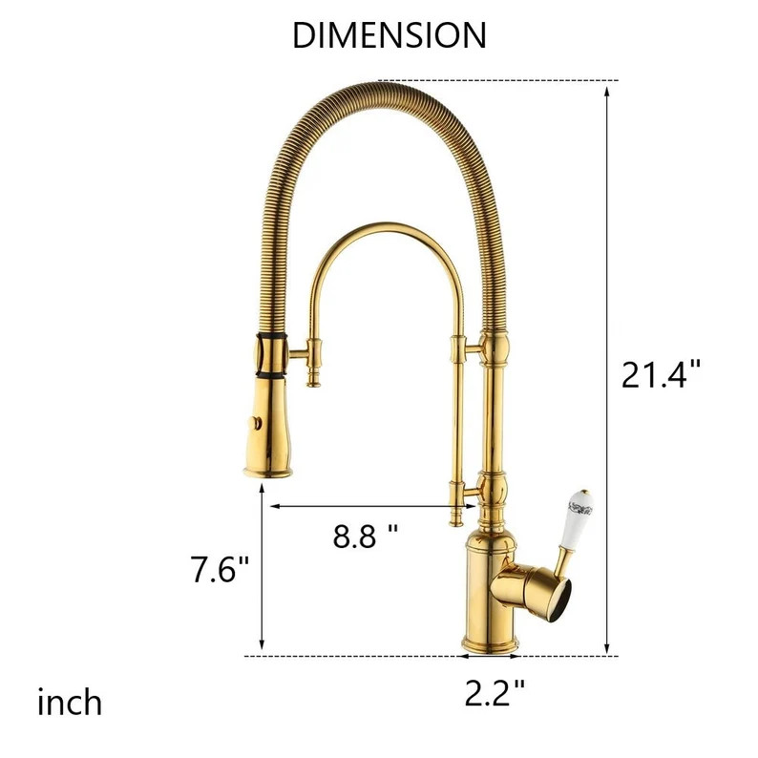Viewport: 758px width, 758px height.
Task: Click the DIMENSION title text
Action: (x=389, y=35)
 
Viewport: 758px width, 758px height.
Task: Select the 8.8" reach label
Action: (x=366, y=537)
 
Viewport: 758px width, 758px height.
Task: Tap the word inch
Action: (x=70, y=704)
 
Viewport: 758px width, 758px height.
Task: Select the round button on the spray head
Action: (x=256, y=420)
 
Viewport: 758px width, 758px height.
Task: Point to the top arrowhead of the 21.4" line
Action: (x=607, y=89)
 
